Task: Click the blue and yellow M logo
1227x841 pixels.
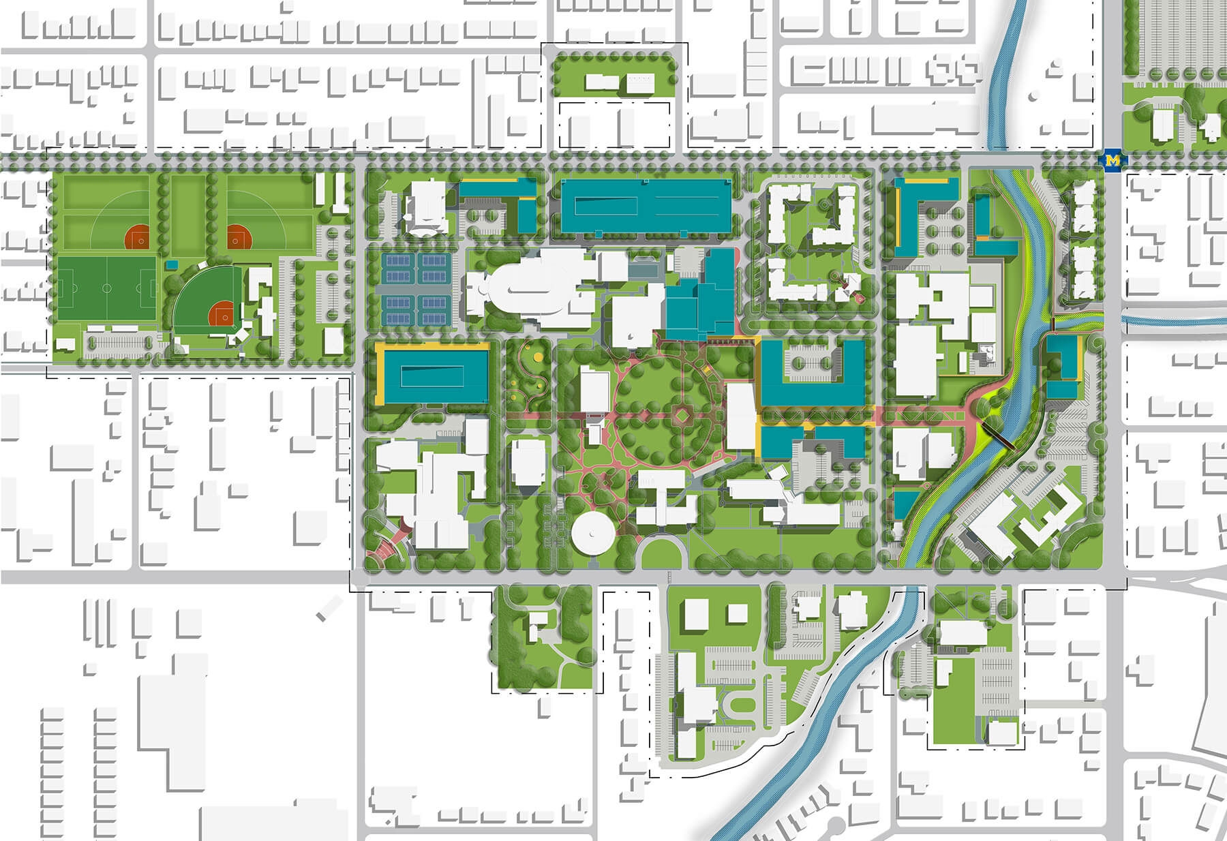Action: point(1113,161)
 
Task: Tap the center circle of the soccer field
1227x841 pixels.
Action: point(107,288)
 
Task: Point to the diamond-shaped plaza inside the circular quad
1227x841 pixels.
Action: point(682,414)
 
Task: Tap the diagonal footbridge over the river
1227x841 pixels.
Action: point(997,434)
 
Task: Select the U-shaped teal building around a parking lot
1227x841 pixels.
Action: point(811,373)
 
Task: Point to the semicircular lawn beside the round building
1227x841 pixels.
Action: point(661,552)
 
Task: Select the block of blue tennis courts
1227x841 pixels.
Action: point(416,289)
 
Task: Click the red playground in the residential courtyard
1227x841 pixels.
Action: point(850,286)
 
